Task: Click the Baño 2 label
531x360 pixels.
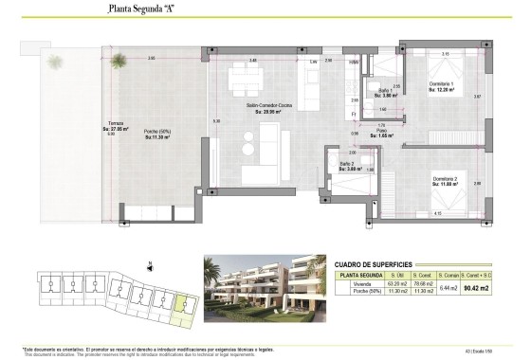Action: (347, 165)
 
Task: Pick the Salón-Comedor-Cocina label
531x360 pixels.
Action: (266, 106)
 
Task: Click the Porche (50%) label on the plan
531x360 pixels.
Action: (157, 133)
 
